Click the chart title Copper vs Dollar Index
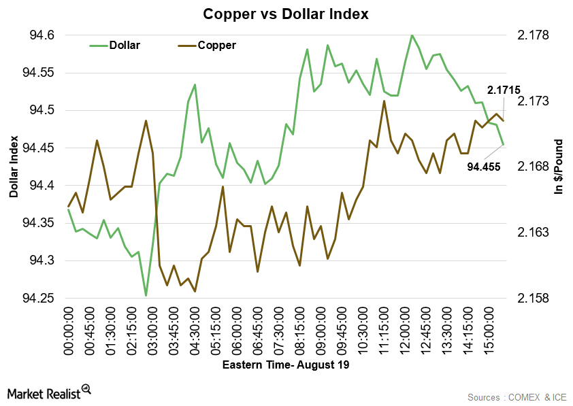(x=286, y=14)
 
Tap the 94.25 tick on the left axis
(x=42, y=298)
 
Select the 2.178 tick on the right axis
(x=532, y=35)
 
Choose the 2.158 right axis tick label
(x=532, y=298)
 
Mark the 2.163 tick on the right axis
(x=532, y=233)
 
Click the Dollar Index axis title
(x=14, y=167)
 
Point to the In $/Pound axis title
(x=559, y=167)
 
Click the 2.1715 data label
(x=504, y=89)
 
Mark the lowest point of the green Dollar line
(x=146, y=295)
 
